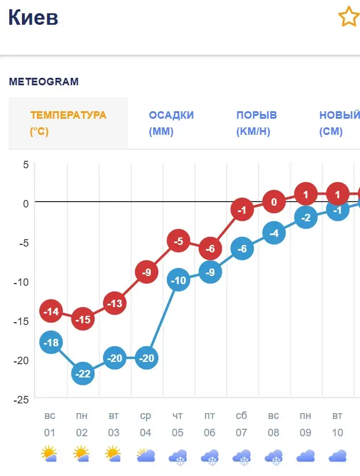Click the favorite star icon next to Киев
click(348, 17)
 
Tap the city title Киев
click(33, 18)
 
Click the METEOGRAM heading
click(44, 82)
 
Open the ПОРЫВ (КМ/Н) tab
click(256, 123)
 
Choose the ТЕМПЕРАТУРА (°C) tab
click(68, 123)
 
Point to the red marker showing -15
click(84, 319)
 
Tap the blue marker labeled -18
click(51, 343)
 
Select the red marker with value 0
click(274, 202)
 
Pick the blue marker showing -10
click(179, 281)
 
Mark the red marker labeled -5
click(179, 241)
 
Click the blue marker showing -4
click(274, 233)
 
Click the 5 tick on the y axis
click(25, 164)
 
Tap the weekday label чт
click(178, 415)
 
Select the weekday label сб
click(241, 415)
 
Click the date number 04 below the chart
click(146, 433)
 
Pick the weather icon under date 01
click(50, 455)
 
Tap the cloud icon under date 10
click(338, 456)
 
